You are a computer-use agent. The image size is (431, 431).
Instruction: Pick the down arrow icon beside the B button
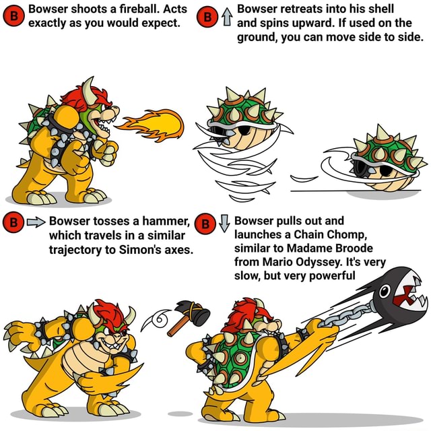pyautogui.click(x=224, y=220)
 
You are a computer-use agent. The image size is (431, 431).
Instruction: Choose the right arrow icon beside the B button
pyautogui.click(x=35, y=220)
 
